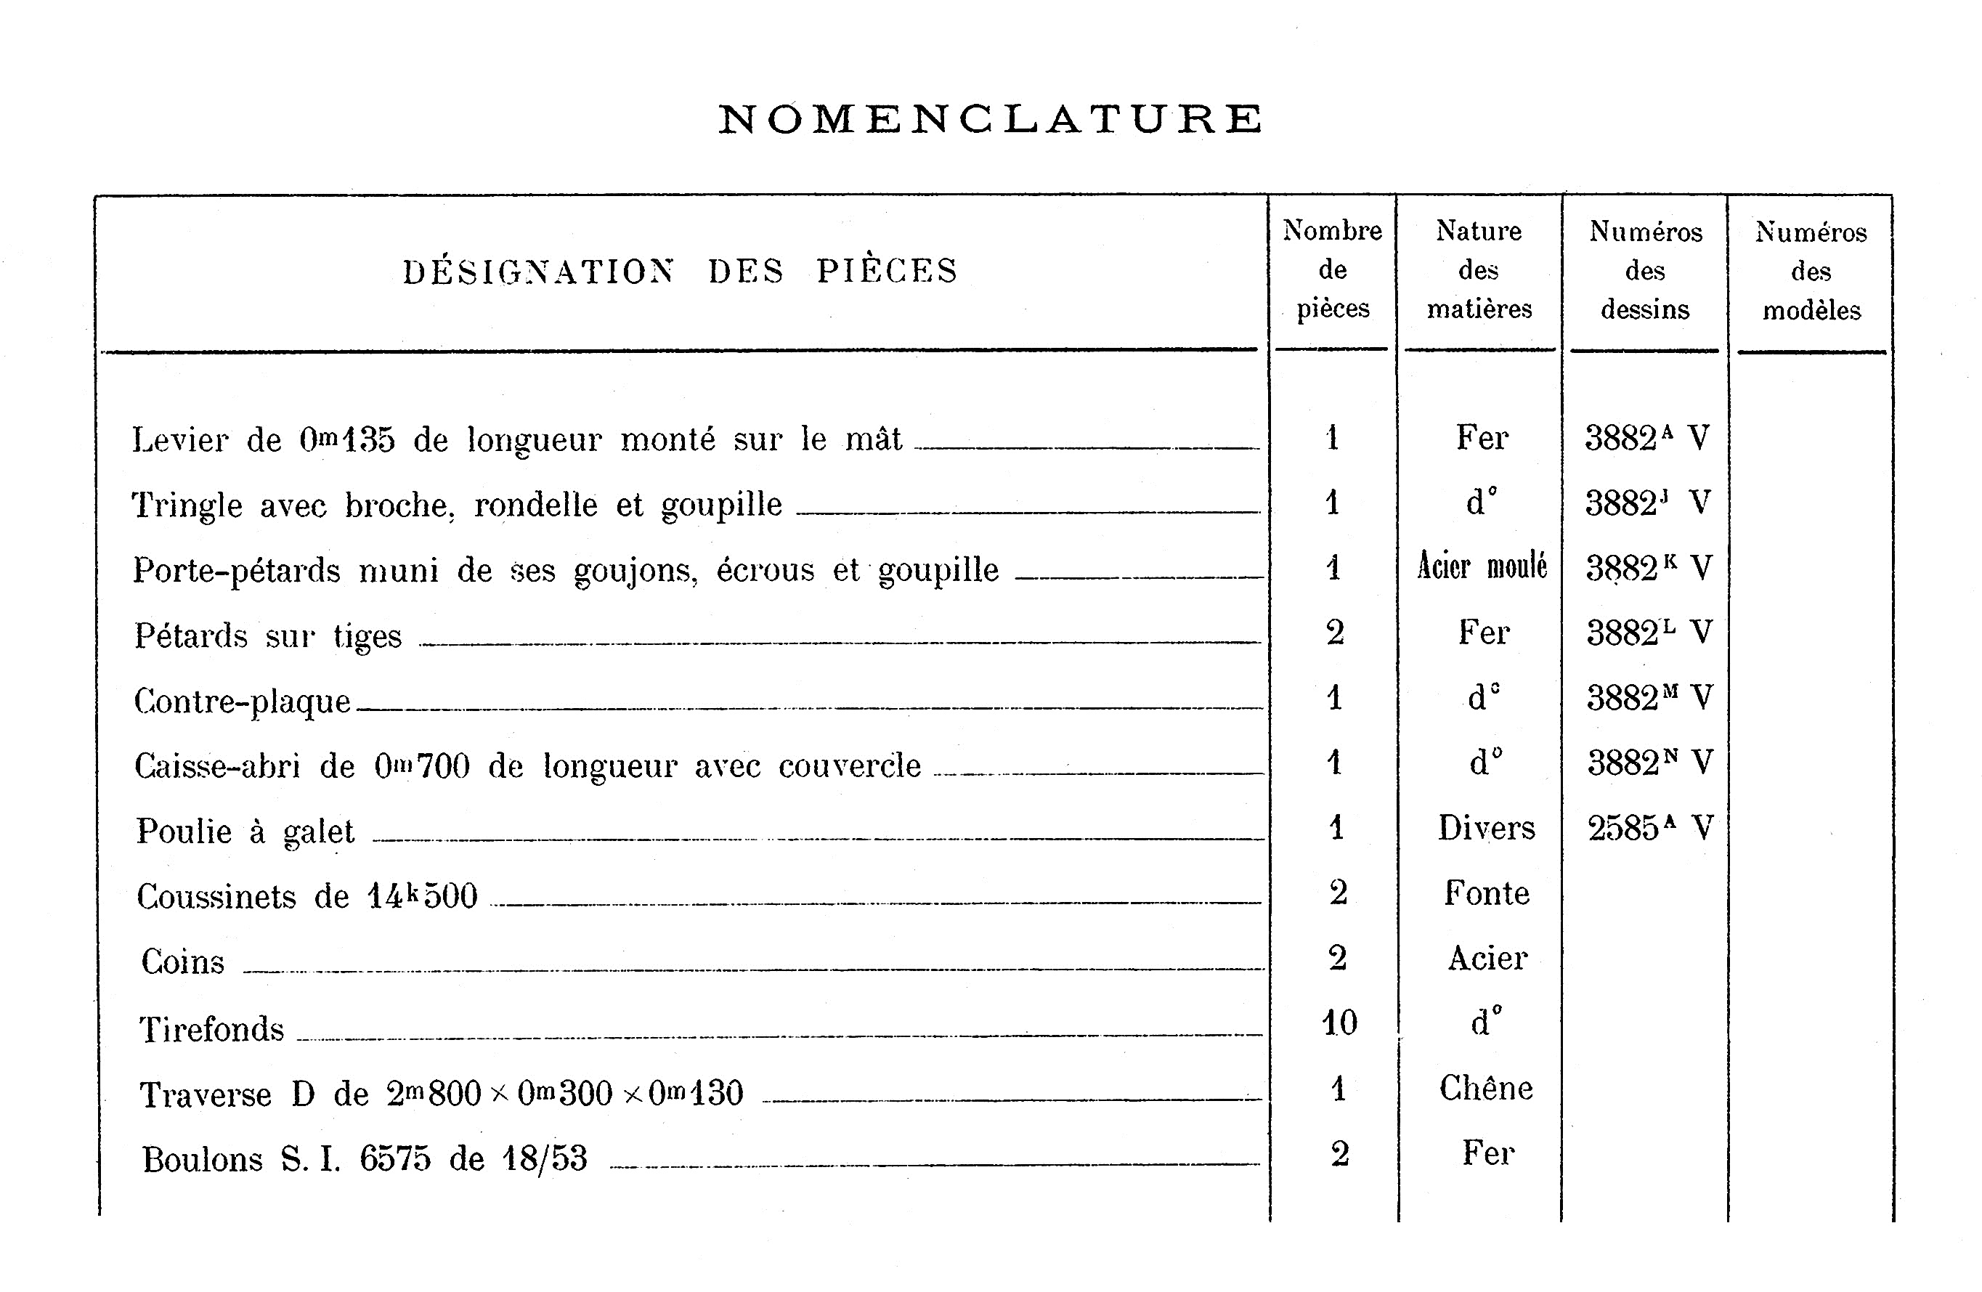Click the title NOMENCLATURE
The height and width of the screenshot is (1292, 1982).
coord(990,119)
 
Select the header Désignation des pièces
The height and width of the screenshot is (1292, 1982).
coord(681,272)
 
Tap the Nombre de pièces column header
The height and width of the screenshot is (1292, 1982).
coord(1333,269)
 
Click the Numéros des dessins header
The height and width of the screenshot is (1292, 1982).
coord(1645,271)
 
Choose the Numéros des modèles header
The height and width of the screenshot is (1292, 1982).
coord(1811,272)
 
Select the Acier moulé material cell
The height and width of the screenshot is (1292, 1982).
coord(1482,566)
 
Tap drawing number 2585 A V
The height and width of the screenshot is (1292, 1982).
coord(1649,828)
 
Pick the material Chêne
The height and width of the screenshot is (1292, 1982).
coord(1486,1088)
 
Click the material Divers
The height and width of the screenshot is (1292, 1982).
coord(1486,828)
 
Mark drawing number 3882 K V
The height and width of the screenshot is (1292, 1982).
coord(1648,568)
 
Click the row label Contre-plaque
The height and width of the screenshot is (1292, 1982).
coord(243,702)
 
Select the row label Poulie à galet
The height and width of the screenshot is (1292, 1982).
coord(245,832)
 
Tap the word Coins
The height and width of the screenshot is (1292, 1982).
coord(183,962)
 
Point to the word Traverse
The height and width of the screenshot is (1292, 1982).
coord(206,1094)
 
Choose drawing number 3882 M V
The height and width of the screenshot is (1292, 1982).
coord(1649,698)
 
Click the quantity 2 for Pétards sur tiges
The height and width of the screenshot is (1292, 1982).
coord(1335,633)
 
